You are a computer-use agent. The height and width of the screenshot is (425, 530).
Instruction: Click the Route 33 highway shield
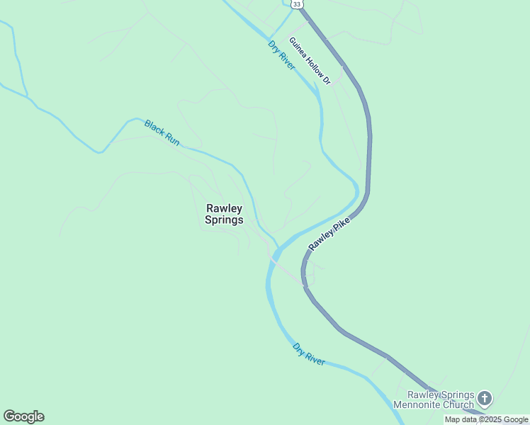click(x=297, y=4)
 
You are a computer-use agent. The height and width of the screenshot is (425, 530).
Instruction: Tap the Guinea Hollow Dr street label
click(x=310, y=61)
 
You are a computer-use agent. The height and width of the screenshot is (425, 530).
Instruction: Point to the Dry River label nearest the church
click(x=309, y=354)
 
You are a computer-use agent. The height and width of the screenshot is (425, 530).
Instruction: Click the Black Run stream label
click(x=162, y=132)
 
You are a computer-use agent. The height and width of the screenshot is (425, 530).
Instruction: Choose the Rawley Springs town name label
click(x=224, y=214)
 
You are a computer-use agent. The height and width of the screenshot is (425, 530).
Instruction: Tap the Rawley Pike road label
click(x=329, y=233)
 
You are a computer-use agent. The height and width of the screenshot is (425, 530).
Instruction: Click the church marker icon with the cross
click(x=485, y=397)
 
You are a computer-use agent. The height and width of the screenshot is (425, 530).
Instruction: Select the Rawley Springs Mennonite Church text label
click(x=440, y=400)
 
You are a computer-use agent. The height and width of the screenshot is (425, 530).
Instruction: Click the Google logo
click(x=23, y=416)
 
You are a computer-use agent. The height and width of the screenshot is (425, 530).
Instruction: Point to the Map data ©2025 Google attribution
click(x=486, y=419)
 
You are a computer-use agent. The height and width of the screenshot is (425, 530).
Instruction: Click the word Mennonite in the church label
click(x=429, y=405)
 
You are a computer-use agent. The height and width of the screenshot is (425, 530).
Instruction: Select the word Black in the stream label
click(x=154, y=127)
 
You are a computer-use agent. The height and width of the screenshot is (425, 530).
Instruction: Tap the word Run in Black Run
click(x=171, y=139)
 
